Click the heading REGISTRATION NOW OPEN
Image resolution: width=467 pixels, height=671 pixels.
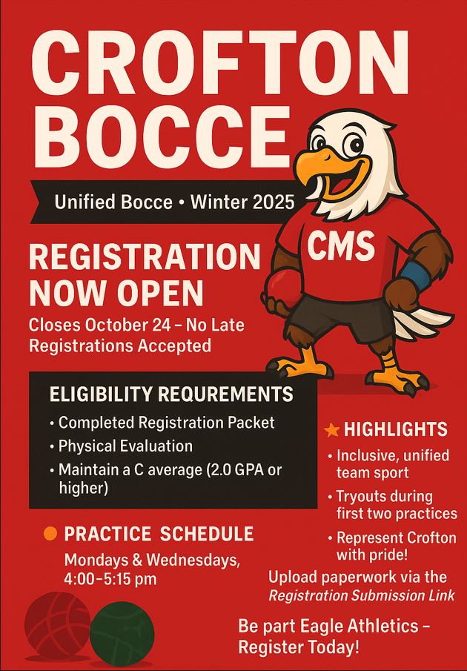pos(145,275)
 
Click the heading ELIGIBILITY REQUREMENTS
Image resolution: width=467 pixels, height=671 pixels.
pos(171,394)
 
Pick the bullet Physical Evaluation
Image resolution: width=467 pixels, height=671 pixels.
pos(125,446)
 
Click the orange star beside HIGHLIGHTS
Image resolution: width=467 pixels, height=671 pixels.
pos(332,429)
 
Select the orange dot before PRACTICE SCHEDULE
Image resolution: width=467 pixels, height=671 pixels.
pos(50,534)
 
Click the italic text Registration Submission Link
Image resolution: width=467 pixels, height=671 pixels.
pos(361,595)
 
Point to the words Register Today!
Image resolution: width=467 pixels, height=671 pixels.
pos(299,647)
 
